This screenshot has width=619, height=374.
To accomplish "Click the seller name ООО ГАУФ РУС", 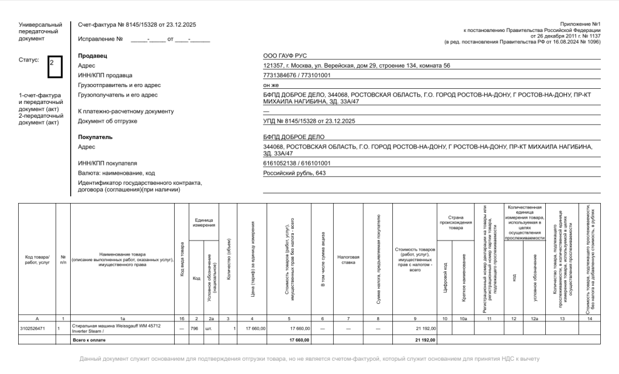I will pyautogui.click(x=285, y=56).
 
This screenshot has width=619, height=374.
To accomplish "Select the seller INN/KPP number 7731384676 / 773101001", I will pyautogui.click(x=297, y=75).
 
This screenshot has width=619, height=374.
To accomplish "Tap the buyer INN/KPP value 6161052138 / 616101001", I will pyautogui.click(x=297, y=163).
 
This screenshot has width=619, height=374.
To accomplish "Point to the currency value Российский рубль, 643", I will pyautogui.click(x=294, y=173).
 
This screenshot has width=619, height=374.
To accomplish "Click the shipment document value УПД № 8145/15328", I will pyautogui.click(x=309, y=121).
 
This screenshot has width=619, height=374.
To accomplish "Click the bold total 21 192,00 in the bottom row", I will pyautogui.click(x=425, y=340).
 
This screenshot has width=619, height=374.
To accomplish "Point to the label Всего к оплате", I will pyautogui.click(x=89, y=340).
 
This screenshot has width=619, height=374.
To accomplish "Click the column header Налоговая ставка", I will pyautogui.click(x=349, y=259).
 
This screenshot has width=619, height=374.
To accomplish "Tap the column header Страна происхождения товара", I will pyautogui.click(x=456, y=222).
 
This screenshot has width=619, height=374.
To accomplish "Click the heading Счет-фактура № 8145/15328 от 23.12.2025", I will pyautogui.click(x=137, y=25).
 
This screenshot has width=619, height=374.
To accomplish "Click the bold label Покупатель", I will pyautogui.click(x=96, y=137).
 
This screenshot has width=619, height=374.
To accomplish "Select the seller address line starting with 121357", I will pyautogui.click(x=357, y=65).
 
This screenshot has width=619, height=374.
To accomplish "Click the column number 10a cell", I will pyautogui.click(x=463, y=318).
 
